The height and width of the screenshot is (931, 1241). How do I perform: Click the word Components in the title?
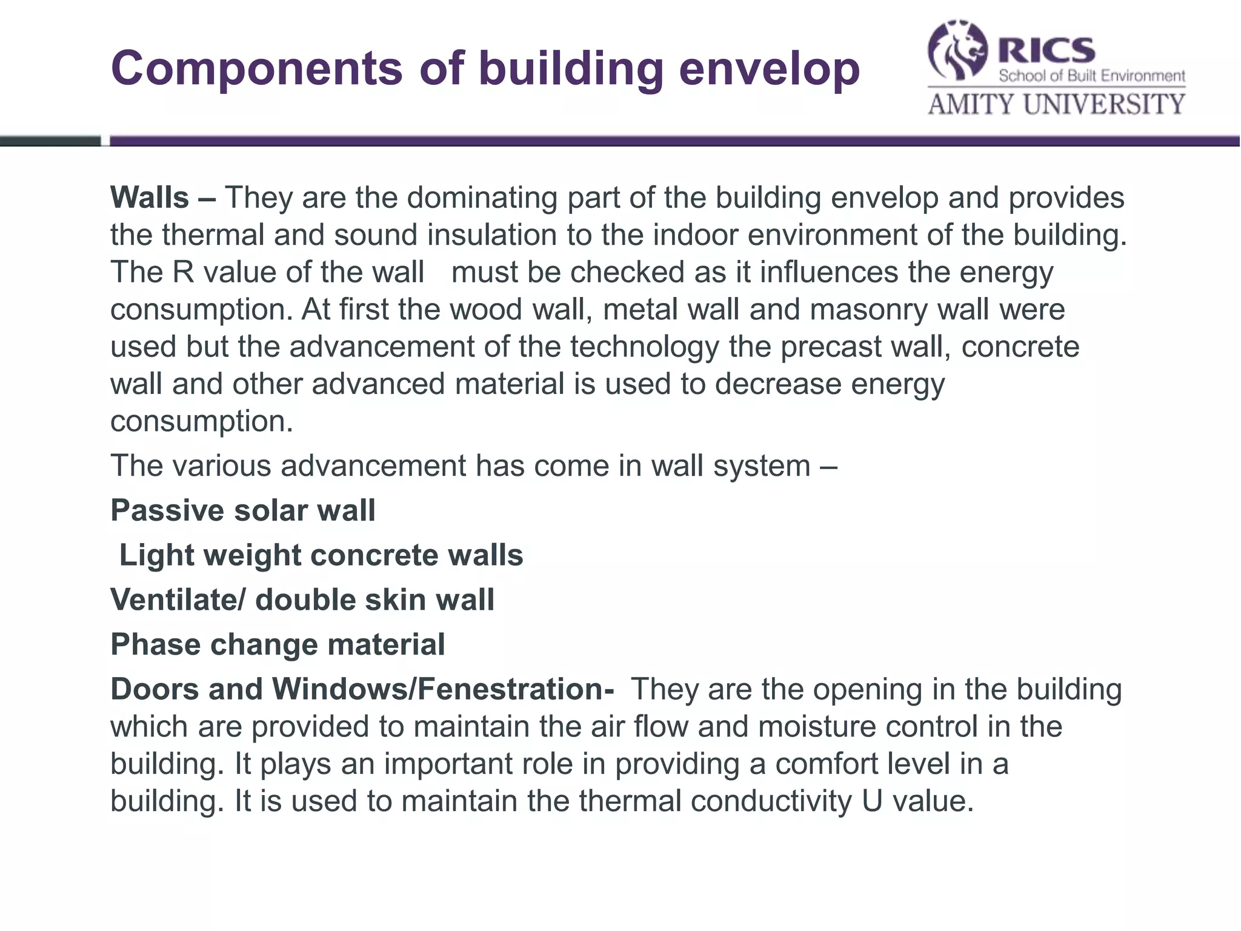256,68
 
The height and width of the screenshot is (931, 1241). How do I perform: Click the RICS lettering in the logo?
1047,50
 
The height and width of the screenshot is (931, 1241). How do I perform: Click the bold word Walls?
150,198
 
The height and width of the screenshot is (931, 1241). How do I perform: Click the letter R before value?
183,272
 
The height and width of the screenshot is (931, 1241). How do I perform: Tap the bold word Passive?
167,510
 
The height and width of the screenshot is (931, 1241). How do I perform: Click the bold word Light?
156,555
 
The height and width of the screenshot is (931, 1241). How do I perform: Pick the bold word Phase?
156,644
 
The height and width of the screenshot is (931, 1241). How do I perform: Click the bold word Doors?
155,689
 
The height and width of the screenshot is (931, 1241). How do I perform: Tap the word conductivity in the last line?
771,801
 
